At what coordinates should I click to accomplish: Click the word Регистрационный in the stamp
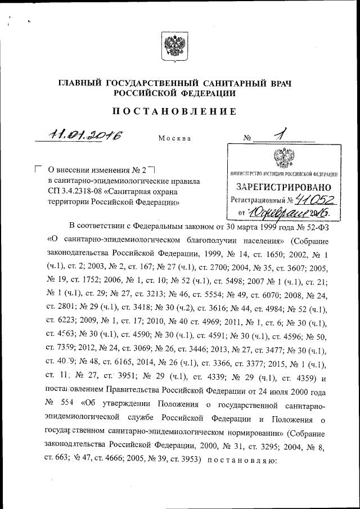(256, 200)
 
